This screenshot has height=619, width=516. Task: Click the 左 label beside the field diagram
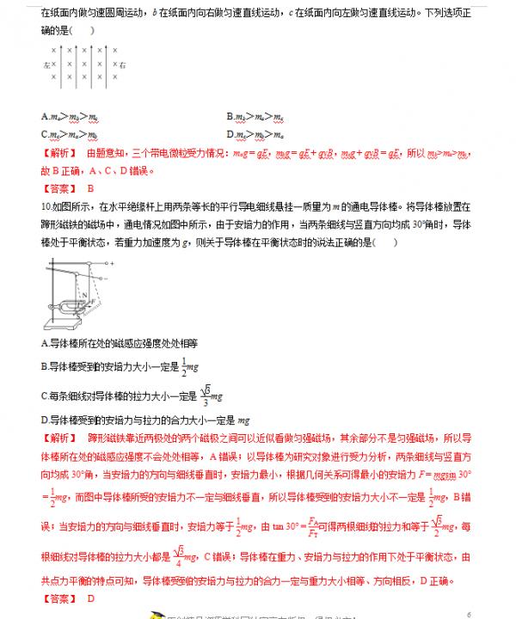[46, 64]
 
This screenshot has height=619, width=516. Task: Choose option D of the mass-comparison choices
[250, 134]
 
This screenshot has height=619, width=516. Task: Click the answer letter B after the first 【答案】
[89, 187]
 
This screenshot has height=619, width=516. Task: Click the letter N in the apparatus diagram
[83, 292]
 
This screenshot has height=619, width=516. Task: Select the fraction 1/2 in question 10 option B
[185, 367]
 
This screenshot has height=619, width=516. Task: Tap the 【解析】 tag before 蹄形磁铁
[58, 438]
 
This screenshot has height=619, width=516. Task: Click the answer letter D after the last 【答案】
[89, 598]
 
